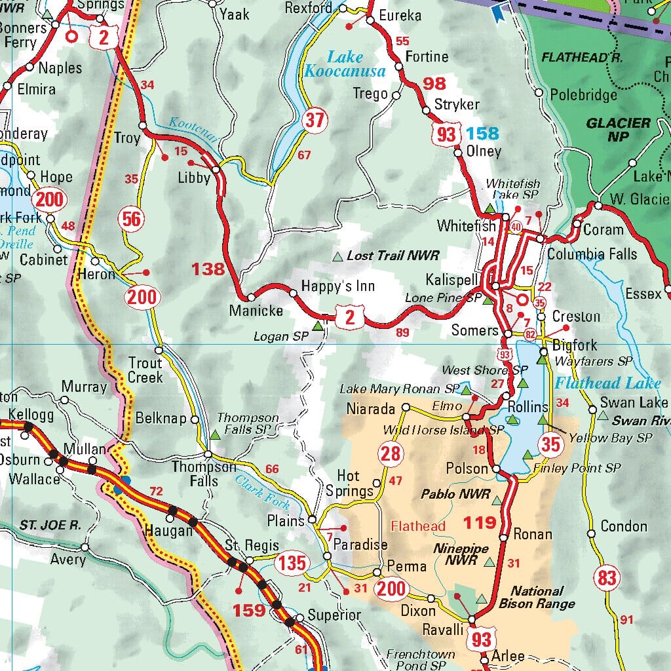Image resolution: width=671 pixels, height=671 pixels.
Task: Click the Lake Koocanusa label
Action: point(336,64)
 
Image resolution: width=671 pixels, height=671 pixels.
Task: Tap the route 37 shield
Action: point(315,120)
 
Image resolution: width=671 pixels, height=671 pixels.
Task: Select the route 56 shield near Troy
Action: point(132,219)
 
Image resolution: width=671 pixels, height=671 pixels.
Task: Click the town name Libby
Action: point(194,178)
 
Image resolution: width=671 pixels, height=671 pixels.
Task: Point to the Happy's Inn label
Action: point(338,286)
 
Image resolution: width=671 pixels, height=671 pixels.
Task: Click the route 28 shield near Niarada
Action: point(390,453)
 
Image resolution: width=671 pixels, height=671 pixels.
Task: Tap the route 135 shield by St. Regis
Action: point(291,562)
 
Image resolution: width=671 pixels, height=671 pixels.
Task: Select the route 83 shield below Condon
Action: point(607,577)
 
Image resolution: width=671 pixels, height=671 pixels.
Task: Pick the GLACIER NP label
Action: point(619,129)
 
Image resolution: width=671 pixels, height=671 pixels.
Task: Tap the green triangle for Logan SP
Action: point(318,325)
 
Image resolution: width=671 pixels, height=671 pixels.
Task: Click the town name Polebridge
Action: point(583,95)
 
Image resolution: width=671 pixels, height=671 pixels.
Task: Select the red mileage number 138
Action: point(208,268)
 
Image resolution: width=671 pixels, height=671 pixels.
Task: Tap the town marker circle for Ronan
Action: point(503,537)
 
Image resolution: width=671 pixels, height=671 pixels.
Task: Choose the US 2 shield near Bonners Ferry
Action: point(104,37)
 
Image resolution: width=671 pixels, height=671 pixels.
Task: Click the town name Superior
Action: point(334,615)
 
